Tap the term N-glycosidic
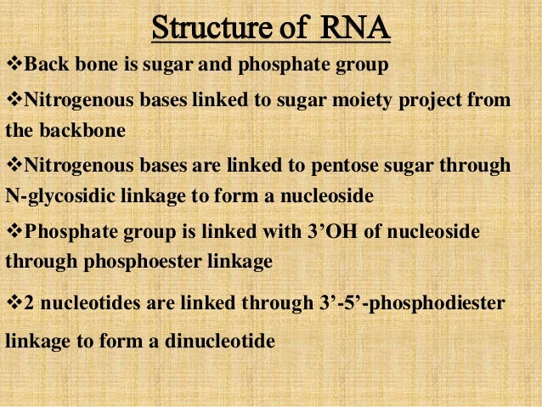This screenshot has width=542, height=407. (x=56, y=196)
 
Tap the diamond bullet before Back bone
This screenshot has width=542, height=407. (x=12, y=65)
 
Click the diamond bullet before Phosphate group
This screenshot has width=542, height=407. (x=12, y=232)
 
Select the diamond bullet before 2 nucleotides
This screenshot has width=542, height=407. (x=12, y=303)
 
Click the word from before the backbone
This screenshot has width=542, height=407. (x=494, y=101)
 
